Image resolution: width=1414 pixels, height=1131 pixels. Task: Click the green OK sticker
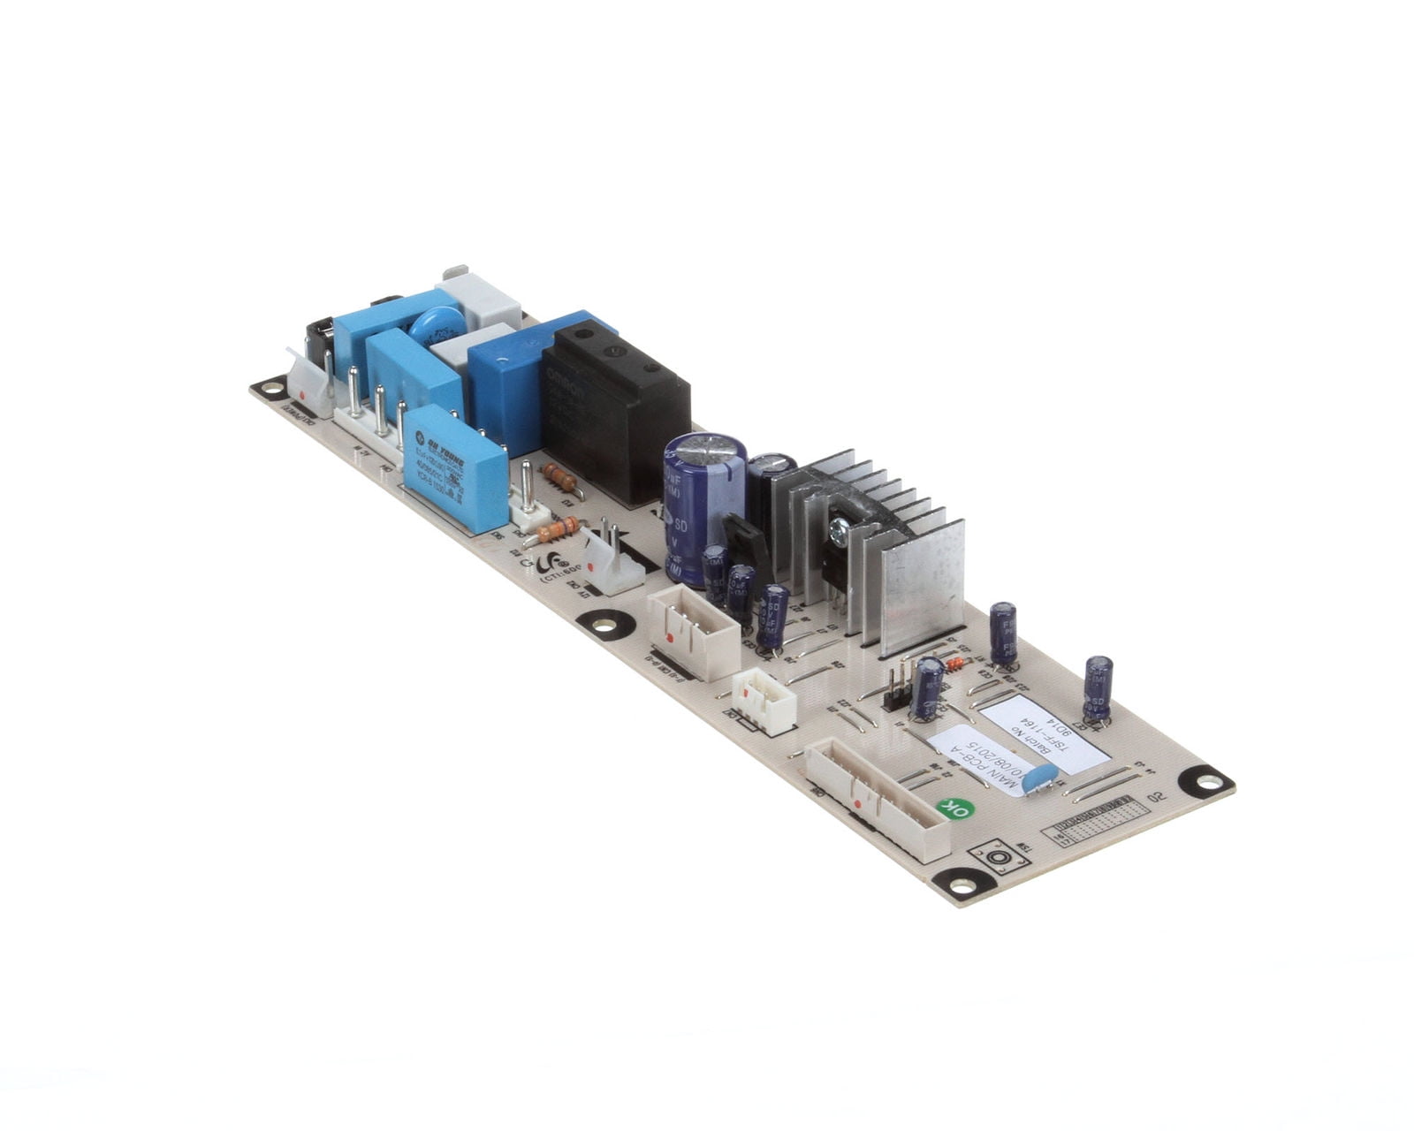954,808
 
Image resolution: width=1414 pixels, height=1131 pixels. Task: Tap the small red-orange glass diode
953,665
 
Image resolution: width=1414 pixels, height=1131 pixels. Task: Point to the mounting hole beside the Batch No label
1204,780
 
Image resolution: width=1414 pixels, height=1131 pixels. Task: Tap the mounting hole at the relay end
269,387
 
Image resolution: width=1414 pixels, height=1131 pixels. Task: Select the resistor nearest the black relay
560,478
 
